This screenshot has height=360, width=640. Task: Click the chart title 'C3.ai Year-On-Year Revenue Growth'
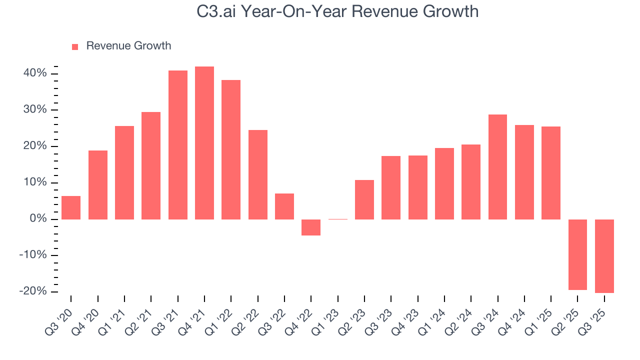(338, 11)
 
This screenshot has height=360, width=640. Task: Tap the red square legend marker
(75, 46)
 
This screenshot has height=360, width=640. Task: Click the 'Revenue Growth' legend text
(128, 46)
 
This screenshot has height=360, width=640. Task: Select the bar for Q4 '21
(204, 143)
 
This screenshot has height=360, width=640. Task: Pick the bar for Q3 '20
(71, 207)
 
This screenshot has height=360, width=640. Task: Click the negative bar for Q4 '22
(311, 227)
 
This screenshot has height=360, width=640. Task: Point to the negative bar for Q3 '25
(604, 256)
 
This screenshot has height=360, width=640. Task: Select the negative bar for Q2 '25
(577, 254)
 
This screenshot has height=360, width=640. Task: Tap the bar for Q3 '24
(497, 167)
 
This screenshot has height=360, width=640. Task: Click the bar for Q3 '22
(284, 206)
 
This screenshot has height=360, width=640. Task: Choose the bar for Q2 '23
(364, 199)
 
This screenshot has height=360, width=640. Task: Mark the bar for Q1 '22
(231, 149)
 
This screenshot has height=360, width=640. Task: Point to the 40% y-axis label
(35, 73)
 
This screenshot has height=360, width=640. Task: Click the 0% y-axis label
(38, 219)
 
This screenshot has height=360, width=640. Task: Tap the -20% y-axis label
(33, 291)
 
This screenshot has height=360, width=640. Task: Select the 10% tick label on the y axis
(35, 182)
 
